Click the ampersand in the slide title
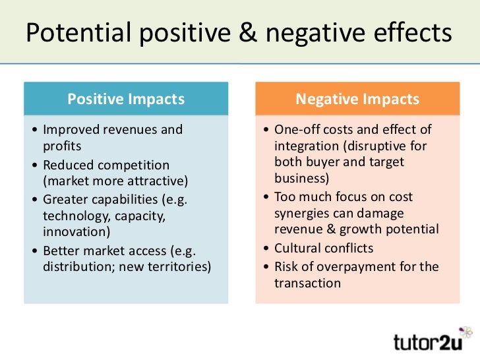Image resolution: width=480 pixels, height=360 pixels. coord(248,33)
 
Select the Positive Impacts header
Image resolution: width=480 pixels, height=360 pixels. coord(126,100)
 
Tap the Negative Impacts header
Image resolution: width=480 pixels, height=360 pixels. coord(357,100)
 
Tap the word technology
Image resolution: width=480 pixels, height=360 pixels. coord(74,216)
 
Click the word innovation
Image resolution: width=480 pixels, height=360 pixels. coord(74,231)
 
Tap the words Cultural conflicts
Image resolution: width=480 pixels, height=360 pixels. coord(324,248)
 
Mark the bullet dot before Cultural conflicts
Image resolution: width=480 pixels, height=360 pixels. coord(264,249)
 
